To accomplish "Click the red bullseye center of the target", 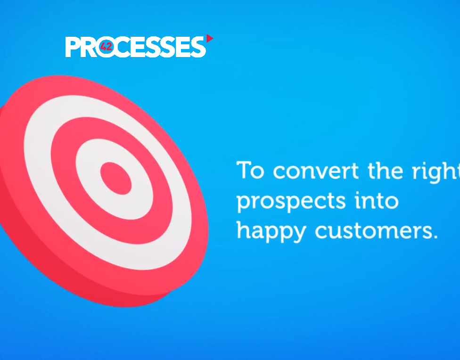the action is (116, 179).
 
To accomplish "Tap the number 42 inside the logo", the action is (106, 46).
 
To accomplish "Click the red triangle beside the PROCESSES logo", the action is (209, 39).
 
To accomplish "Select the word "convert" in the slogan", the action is (316, 171).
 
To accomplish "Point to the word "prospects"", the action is (291, 202).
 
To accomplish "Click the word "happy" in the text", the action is (271, 232).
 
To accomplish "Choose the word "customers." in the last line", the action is (377, 231).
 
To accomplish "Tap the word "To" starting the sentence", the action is (250, 170).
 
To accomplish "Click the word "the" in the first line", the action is (385, 170).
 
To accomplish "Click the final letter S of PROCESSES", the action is (198, 47).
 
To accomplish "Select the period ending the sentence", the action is (435, 237).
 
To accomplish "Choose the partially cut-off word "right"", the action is (436, 172).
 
